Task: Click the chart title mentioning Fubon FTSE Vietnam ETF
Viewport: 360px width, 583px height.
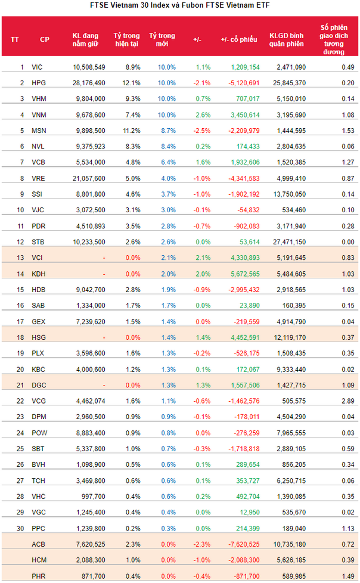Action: point(179,6)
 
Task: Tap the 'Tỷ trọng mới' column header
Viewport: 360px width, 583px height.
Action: point(162,39)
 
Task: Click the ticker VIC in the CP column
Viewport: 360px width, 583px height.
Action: point(37,67)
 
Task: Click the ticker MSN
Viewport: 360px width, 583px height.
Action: point(38,129)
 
